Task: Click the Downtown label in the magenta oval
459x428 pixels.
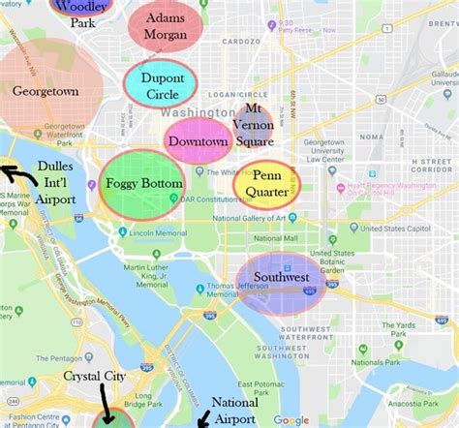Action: coord(199,142)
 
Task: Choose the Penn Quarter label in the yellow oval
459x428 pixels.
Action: coord(266,184)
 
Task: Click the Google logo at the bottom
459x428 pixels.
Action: coord(291,419)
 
